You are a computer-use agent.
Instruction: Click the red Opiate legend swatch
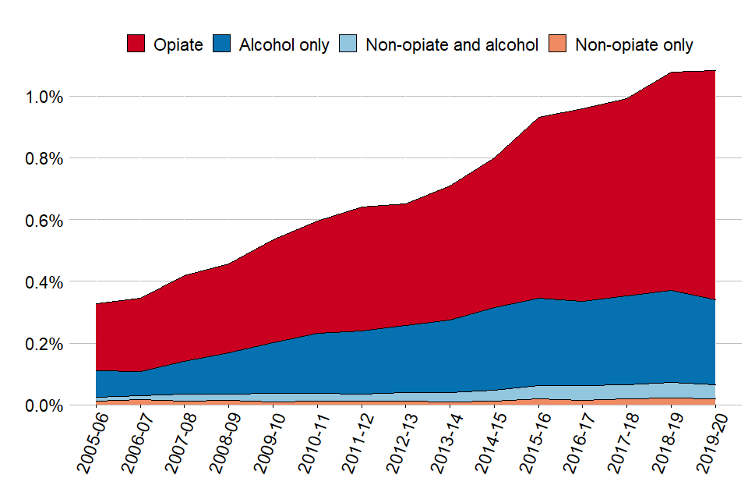[x=136, y=44]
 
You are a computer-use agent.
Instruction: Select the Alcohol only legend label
[x=284, y=44]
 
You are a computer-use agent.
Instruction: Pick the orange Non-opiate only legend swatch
[x=558, y=44]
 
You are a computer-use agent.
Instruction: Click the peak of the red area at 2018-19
[x=672, y=73]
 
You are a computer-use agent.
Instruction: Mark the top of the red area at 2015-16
[x=538, y=117]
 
